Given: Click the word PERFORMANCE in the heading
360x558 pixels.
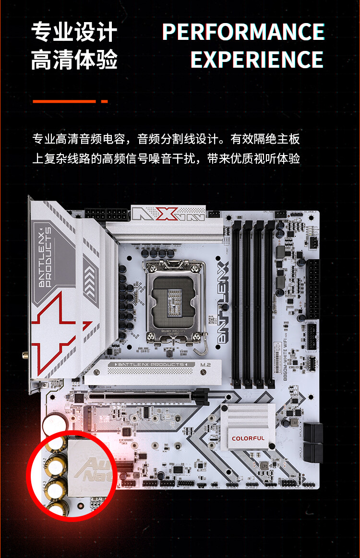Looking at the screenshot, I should point(243,32).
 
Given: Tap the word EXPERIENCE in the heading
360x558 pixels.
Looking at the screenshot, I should point(257,60).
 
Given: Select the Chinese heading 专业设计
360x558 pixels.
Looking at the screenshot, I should point(74,32).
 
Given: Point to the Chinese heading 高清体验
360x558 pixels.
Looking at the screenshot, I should point(74,60).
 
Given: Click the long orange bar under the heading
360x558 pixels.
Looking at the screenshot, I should point(64,101).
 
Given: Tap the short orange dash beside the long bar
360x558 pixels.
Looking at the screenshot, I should point(104,101).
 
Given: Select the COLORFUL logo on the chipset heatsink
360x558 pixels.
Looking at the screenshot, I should point(248,438).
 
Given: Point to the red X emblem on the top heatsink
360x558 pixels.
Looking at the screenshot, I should point(165,214).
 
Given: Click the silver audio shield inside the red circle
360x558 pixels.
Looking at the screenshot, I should point(86,468).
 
